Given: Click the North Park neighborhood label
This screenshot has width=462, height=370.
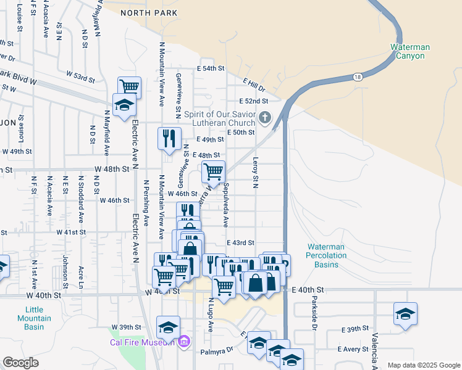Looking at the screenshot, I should click(x=144, y=12).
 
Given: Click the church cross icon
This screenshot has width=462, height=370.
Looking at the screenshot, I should click(x=265, y=117).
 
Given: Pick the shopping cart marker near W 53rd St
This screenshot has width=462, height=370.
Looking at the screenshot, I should click(x=130, y=86).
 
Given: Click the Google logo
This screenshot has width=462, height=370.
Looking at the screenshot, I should click(x=20, y=363).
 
